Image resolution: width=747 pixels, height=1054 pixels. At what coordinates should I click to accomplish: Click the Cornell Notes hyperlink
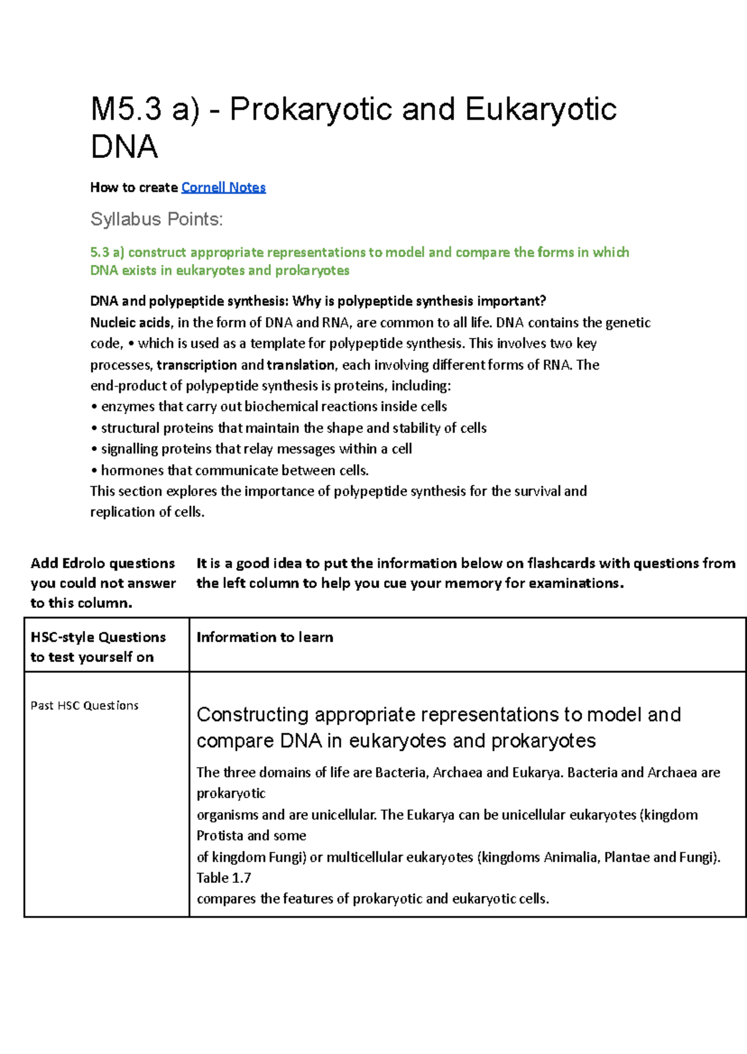223,187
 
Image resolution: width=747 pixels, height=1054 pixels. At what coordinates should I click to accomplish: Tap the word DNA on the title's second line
124,147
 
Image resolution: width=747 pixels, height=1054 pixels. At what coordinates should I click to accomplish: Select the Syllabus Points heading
156,219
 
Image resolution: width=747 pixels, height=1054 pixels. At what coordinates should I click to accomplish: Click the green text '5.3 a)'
107,252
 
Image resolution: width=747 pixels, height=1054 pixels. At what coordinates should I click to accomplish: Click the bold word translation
301,365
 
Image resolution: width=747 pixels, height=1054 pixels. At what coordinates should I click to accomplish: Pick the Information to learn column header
265,637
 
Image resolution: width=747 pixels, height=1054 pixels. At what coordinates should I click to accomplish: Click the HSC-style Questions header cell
98,646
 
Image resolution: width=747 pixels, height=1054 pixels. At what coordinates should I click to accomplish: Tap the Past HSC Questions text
85,706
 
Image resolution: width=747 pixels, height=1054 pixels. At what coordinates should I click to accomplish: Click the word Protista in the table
220,835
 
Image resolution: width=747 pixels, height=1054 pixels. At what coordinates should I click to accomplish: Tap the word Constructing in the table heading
253,714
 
